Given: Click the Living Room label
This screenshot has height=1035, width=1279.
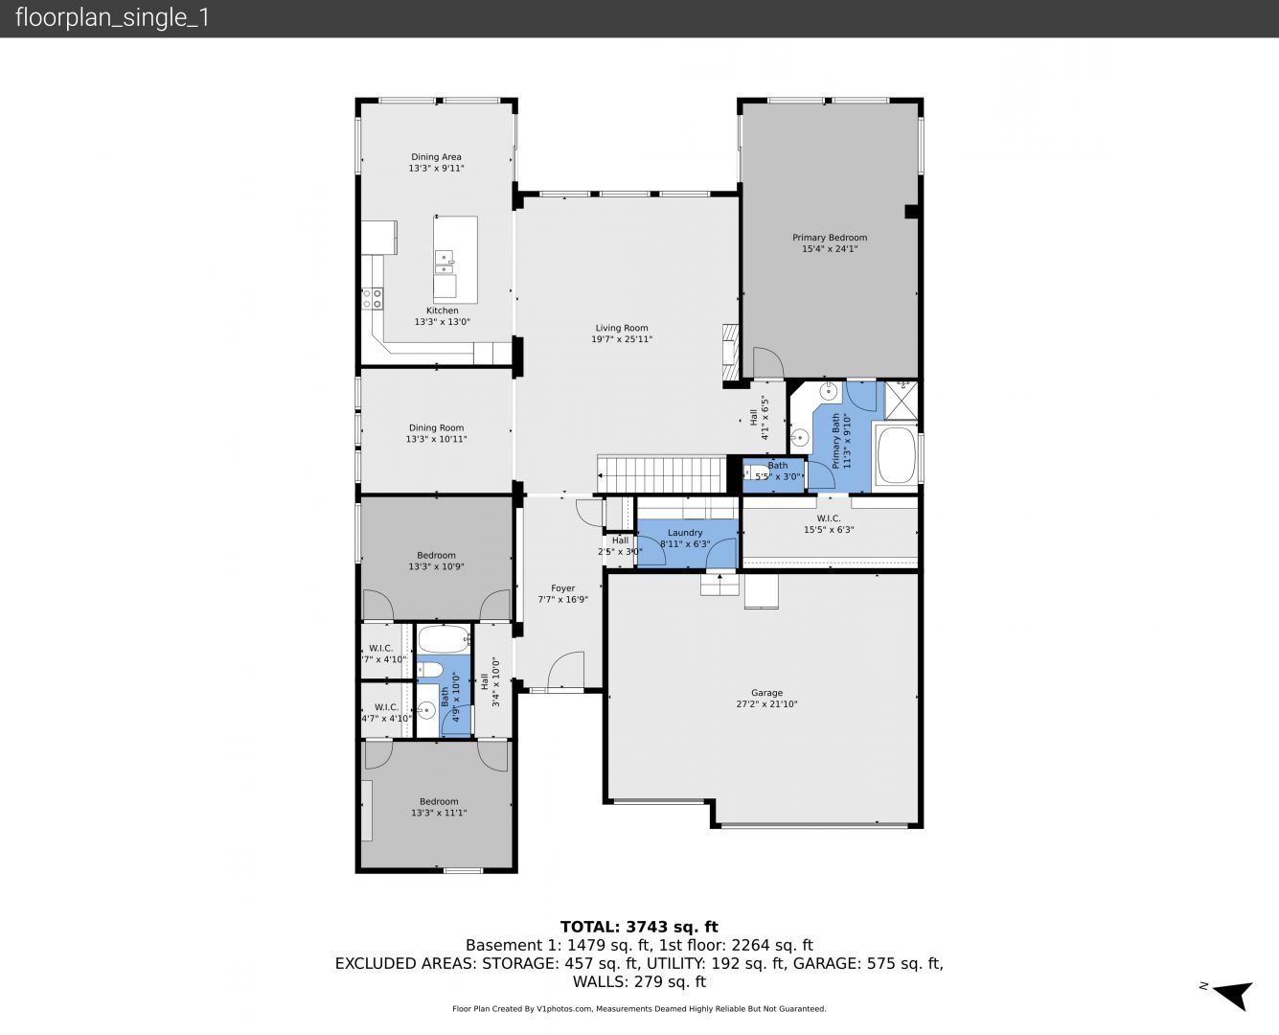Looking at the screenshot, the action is (x=622, y=328).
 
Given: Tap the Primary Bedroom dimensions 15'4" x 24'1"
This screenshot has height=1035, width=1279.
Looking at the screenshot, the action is (x=830, y=249).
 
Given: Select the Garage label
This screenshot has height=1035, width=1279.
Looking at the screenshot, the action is (x=766, y=693).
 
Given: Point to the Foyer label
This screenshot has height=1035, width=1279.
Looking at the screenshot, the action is (x=562, y=588).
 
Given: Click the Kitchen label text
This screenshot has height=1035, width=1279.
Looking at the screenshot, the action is (x=442, y=310).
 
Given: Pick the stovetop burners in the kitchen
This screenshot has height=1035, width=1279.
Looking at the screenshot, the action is (x=373, y=299).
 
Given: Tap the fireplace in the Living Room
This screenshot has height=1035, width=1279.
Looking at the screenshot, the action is (x=730, y=353).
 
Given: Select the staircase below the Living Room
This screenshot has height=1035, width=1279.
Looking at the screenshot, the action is (x=662, y=474).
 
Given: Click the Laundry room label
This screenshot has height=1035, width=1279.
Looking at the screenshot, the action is (x=685, y=533).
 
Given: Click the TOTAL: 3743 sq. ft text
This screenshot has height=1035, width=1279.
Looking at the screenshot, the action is (x=639, y=927).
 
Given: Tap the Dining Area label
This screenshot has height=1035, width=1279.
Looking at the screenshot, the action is (x=436, y=157).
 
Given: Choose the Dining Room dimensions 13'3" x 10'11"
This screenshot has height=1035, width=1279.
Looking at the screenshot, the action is (x=436, y=439).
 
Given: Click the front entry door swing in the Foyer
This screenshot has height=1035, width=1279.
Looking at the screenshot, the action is (x=566, y=670).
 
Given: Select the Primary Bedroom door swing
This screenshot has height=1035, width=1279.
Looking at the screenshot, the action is (x=768, y=362).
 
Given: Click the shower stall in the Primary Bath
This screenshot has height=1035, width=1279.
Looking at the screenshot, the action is (x=902, y=400).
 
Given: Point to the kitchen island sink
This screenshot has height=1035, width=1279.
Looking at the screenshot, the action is (x=445, y=262).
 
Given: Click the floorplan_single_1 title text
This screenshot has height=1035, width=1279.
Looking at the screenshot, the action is (x=112, y=18).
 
